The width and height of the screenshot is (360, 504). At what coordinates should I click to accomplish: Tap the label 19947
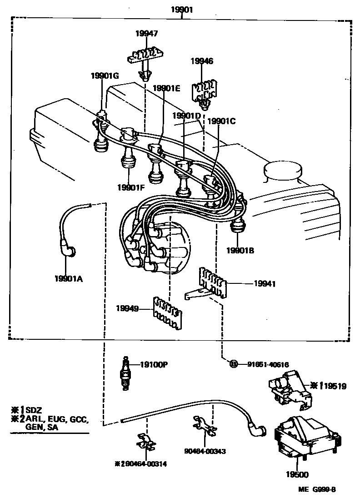click(146, 33)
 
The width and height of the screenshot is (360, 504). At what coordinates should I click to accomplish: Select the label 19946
click(202, 61)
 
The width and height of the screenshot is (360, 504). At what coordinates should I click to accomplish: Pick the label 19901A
click(68, 279)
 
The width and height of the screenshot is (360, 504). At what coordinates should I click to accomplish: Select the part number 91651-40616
click(268, 363)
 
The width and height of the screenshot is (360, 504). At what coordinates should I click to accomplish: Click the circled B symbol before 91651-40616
click(233, 363)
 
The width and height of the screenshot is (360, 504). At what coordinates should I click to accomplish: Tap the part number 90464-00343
click(205, 451)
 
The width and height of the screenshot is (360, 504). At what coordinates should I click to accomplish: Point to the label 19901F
click(130, 187)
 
